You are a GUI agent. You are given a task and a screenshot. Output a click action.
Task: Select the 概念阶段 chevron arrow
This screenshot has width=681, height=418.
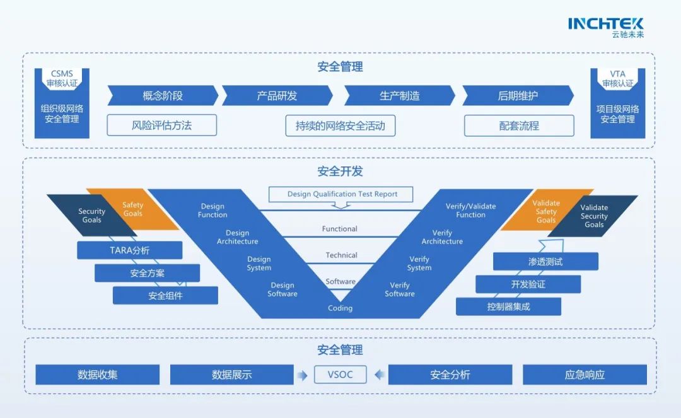[x=163, y=96]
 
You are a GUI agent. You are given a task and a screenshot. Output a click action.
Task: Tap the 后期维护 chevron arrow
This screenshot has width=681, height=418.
[x=518, y=96]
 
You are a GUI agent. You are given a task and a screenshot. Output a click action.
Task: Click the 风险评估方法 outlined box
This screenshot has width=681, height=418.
[x=161, y=125]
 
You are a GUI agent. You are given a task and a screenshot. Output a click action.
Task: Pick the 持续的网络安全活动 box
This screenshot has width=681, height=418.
[x=340, y=125]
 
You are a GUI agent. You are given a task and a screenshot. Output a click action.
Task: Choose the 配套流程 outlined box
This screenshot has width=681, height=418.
[x=519, y=125]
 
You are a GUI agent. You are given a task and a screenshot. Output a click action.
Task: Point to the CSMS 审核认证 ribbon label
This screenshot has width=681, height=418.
[x=62, y=79]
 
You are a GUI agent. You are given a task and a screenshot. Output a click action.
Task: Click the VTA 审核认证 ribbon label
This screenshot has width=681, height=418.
[x=617, y=79]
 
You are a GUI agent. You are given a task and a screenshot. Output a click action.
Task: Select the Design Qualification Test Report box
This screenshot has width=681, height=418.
[x=342, y=194]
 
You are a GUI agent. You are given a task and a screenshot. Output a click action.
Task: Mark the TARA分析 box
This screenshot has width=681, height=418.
[x=129, y=250]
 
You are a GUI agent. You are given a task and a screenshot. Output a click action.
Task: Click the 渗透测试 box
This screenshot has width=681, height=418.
[x=545, y=261]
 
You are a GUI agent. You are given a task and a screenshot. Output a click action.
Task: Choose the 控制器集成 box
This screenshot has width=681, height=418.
[x=508, y=307]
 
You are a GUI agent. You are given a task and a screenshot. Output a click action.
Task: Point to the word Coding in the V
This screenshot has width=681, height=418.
[x=340, y=308]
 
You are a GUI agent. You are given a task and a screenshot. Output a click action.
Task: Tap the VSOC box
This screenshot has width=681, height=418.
[x=340, y=374]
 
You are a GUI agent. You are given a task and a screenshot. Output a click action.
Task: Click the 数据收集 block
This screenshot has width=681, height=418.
[x=97, y=374]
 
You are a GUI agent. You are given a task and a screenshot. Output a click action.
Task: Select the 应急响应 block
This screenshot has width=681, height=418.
[x=585, y=374]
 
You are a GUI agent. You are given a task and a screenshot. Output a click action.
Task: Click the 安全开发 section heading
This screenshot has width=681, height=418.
[x=340, y=171]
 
